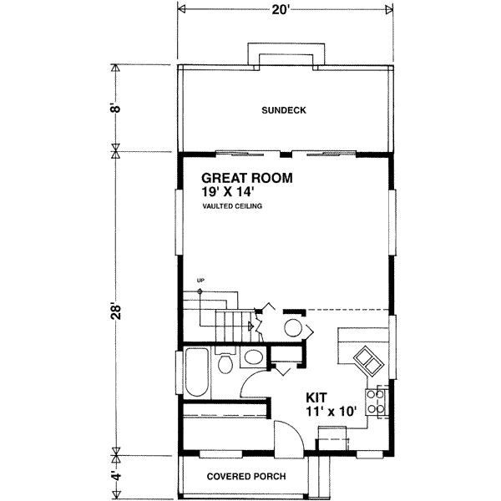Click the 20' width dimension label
tap(281, 10)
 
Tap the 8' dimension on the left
tap(116, 108)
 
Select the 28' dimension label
tap(116, 311)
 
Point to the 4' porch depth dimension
tap(116, 475)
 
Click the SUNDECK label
tap(284, 110)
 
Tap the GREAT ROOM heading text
tap(246, 178)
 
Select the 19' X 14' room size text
tap(227, 192)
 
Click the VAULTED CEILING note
tap(232, 206)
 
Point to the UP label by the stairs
tap(200, 281)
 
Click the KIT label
tap(316, 397)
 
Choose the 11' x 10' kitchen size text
tap(331, 411)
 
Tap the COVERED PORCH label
tap(246, 477)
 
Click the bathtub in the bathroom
tap(197, 372)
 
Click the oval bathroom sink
tap(253, 357)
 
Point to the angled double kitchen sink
tap(367, 361)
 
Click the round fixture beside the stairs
tap(293, 328)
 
